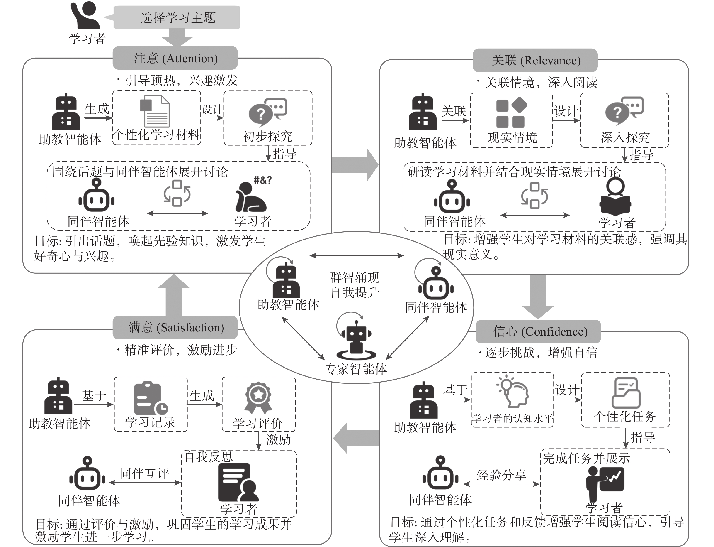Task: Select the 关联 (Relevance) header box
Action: [535, 60]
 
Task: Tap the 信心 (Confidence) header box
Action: [538, 331]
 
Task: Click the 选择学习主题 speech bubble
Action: [177, 17]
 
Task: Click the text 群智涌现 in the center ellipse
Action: [355, 277]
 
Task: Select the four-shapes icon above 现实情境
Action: [511, 112]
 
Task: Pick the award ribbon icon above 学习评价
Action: [258, 397]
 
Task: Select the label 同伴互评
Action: [144, 473]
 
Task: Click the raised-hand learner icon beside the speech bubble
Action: [85, 15]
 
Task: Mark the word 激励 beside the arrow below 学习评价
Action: [278, 439]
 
